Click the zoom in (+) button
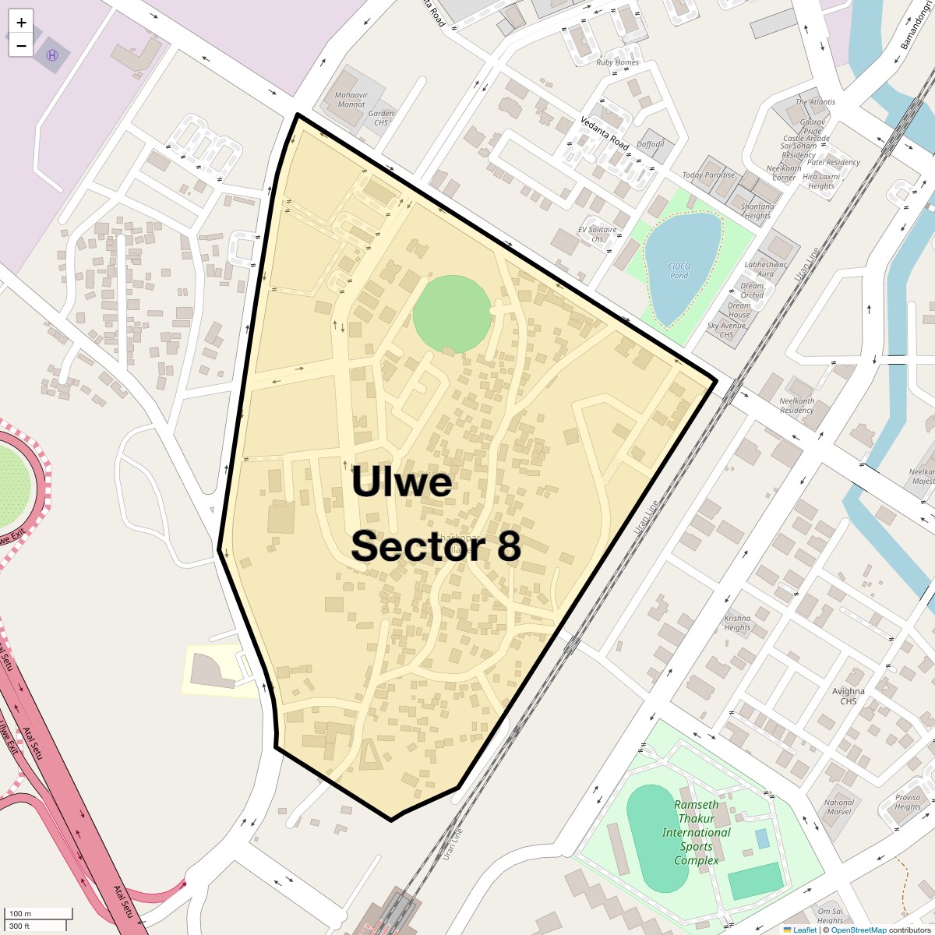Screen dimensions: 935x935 [x=21, y=22]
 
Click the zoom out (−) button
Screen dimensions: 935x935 [x=21, y=45]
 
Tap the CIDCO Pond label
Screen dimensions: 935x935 [x=679, y=270]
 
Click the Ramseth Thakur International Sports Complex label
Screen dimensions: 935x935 [x=696, y=832]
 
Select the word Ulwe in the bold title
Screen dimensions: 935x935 [x=401, y=482]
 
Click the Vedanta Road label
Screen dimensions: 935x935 [x=605, y=133]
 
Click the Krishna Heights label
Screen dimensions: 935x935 [x=737, y=622]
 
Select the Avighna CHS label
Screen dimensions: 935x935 [x=848, y=696]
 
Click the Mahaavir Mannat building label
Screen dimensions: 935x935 [x=351, y=100]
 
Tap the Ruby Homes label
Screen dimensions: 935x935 [x=617, y=62]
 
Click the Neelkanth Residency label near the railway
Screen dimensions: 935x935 [x=796, y=405]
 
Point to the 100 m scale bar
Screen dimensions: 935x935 [x=39, y=913]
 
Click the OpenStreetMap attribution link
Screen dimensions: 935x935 [x=858, y=930]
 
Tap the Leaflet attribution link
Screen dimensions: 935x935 [x=804, y=930]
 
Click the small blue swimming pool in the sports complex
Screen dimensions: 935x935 [x=762, y=839]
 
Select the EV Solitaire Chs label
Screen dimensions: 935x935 [x=598, y=234]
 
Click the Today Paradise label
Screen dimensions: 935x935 [x=708, y=175]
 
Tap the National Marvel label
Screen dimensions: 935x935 [x=839, y=806]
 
